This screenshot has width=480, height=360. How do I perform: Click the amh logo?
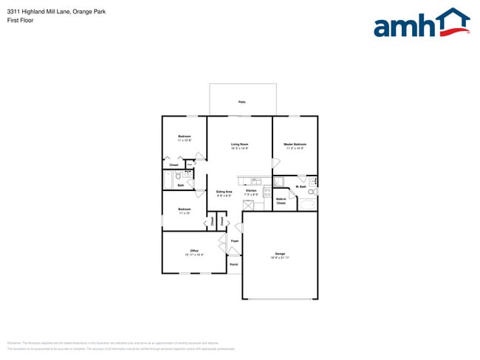[421, 24]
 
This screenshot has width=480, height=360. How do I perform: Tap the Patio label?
[241, 102]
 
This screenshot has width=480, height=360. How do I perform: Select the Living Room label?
[239, 144]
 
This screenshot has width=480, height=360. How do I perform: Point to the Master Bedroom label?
[295, 144]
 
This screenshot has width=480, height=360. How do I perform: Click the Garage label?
[280, 254]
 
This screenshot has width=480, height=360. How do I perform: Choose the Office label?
[194, 251]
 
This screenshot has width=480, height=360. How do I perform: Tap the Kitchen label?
[251, 190]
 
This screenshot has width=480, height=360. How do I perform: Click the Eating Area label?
[224, 192]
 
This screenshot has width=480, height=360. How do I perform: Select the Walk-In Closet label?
[281, 200]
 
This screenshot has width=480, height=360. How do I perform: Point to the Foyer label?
[235, 241]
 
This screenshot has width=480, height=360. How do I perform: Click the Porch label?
[233, 264]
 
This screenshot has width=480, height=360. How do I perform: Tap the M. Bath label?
[301, 187]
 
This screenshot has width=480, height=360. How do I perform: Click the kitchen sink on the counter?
[256, 181]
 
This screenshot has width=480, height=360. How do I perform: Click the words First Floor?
[20, 20]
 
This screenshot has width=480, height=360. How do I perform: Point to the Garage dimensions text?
[280, 257]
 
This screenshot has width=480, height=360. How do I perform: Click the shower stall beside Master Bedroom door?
[279, 181]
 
